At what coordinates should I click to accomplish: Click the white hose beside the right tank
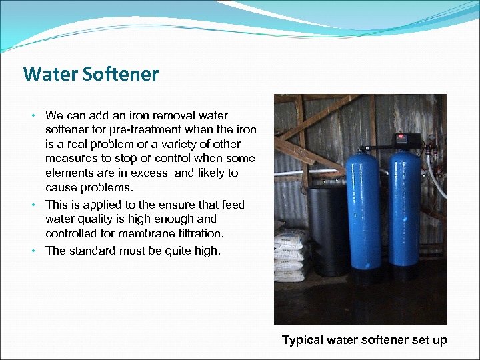(x=437, y=180)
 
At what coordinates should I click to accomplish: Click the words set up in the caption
(x=431, y=340)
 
